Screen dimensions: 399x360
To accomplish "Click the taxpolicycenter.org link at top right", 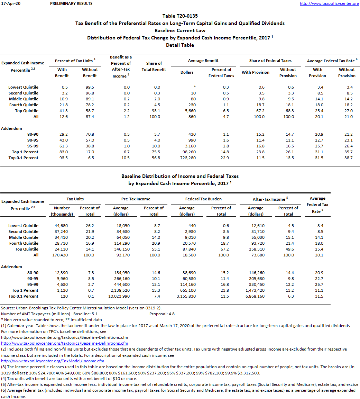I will coord(329,3).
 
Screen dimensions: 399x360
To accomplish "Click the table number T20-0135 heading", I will coord(180,16).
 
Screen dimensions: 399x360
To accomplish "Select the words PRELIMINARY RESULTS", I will coord(71,3).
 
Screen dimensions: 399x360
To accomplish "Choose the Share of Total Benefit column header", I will coord(154,66).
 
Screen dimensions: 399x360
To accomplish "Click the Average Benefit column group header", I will coord(203,61).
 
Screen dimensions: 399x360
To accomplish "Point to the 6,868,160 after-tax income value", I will coord(255,296).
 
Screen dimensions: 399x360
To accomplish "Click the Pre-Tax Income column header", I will coord(136,199).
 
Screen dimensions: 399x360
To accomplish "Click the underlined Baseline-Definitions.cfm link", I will coord(65,343).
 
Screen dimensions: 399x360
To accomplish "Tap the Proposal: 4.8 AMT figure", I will coord(162,314).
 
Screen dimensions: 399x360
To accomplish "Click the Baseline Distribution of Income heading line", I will coord(180,176).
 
